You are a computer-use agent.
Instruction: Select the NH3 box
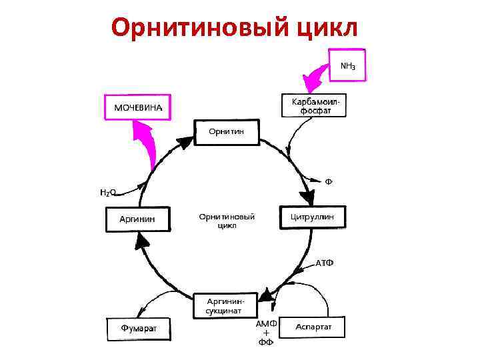pos(347,65)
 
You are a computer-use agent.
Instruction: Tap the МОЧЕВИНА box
pos(138,107)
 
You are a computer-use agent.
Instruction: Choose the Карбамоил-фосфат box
pos(315,105)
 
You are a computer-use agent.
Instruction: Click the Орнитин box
pos(227,131)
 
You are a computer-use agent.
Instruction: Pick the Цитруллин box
pos(317,217)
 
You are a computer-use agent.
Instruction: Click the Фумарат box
pos(138,327)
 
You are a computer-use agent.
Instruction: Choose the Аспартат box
pos(313,327)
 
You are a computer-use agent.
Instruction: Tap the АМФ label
pos(267,323)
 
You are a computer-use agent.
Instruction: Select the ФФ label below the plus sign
pos(266,343)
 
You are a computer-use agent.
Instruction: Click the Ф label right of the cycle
pos(329,181)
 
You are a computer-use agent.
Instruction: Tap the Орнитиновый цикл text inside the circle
pos(227,221)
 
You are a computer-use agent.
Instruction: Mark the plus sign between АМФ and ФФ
pos(266,333)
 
